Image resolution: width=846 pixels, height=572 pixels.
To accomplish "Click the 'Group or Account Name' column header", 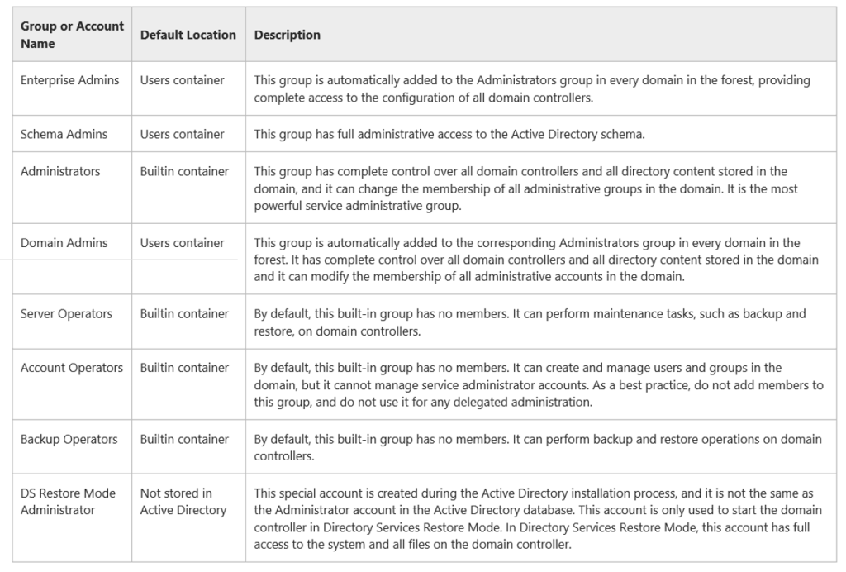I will click(72, 35).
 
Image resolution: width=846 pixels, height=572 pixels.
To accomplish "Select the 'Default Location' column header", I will click(188, 35).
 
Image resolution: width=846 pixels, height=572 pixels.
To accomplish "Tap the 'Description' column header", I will click(287, 35).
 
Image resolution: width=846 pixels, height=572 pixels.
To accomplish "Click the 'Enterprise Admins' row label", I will click(69, 80).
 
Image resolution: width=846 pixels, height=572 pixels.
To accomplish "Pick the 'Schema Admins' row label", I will click(64, 134).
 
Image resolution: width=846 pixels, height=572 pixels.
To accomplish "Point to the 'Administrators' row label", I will click(60, 171).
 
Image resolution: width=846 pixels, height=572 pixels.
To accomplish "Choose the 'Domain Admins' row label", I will click(64, 242).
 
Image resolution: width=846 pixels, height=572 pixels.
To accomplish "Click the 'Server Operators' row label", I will click(66, 313).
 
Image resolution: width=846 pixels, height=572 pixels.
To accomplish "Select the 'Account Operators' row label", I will click(71, 368).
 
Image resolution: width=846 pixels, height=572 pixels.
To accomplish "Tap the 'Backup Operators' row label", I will click(69, 439).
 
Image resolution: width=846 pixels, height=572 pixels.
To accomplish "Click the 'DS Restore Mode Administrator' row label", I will click(68, 501).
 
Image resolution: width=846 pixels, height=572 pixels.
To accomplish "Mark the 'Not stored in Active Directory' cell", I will click(183, 501).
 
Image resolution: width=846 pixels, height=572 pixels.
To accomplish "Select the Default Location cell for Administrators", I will click(184, 171).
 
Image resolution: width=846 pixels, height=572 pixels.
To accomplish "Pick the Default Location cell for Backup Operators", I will click(184, 439).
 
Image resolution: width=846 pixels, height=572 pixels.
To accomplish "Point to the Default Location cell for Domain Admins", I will click(182, 242).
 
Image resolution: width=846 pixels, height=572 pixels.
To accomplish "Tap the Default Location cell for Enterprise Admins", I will click(182, 80).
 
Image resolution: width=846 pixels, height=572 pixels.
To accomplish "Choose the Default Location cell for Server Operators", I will click(184, 313).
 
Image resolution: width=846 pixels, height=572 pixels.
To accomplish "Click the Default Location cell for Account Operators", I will click(184, 368).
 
